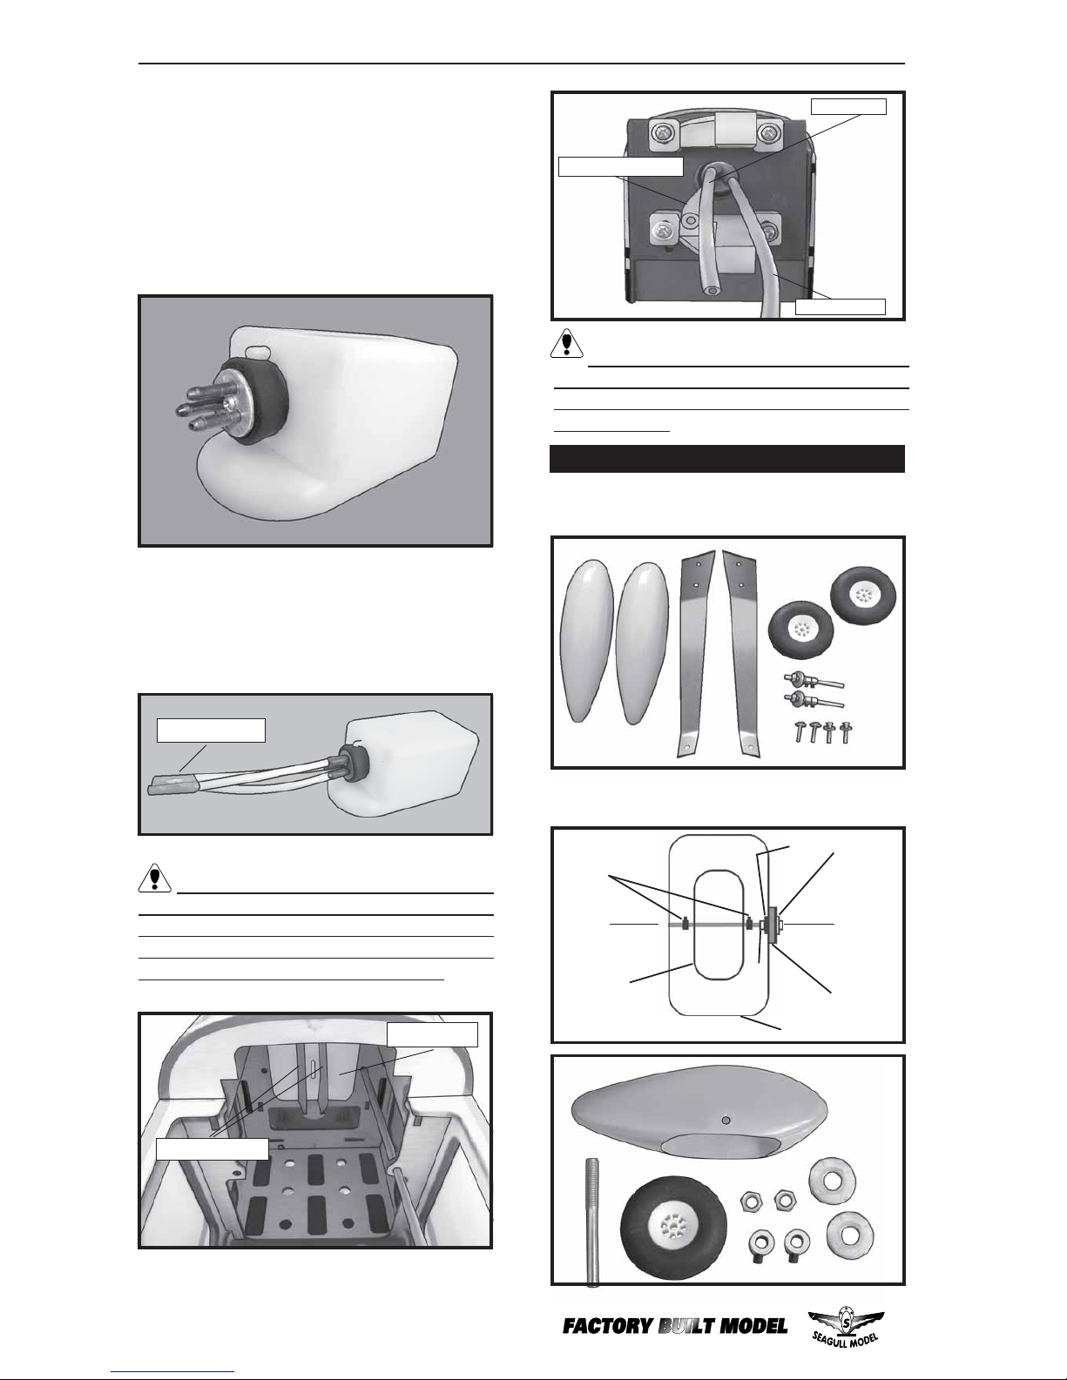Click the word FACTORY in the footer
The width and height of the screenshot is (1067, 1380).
click(607, 1327)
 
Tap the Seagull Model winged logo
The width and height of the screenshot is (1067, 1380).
click(846, 1327)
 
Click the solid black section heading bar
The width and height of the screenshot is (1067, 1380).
click(726, 459)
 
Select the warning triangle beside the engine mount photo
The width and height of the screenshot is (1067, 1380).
click(566, 344)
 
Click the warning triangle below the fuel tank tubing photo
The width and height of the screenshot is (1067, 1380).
click(154, 878)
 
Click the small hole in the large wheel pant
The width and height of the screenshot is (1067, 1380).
click(726, 1120)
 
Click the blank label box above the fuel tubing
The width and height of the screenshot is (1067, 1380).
click(211, 730)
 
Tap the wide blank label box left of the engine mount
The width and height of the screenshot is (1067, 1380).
click(620, 166)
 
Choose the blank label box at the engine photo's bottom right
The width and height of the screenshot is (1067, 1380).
click(841, 306)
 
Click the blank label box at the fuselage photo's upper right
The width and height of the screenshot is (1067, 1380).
click(432, 1034)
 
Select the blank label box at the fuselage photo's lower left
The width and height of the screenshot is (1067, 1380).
click(213, 1148)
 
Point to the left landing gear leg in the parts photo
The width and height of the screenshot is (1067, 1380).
click(697, 653)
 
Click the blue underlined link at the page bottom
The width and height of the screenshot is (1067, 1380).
click(172, 1372)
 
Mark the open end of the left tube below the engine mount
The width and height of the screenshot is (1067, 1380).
click(713, 291)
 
